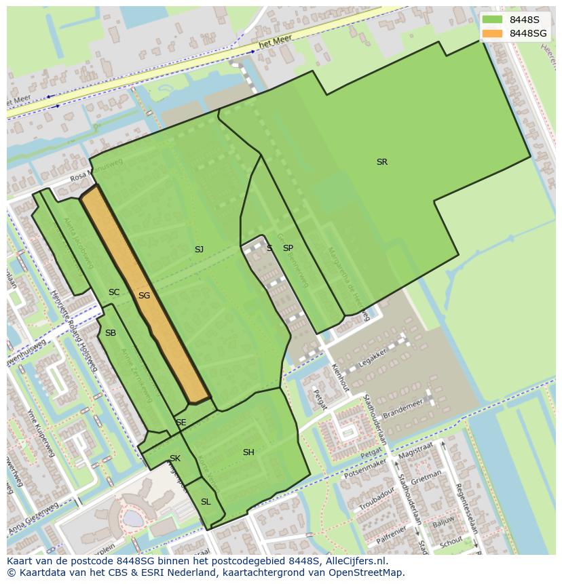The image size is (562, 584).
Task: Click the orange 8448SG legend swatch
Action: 493,33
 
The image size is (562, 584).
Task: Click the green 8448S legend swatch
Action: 493,20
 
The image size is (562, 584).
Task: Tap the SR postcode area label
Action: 382,162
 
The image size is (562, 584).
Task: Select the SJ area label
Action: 199,250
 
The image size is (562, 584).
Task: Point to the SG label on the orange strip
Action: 144,296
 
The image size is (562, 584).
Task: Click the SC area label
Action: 114,292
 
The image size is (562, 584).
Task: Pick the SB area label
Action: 111,333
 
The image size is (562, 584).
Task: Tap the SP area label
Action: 288,248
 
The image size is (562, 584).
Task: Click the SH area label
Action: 248,452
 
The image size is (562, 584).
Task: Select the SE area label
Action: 181,423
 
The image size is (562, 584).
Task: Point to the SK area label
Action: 175,459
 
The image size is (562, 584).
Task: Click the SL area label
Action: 206,502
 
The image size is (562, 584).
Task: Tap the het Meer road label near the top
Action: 276,43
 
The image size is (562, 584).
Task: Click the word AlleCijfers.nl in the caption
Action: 354,561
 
